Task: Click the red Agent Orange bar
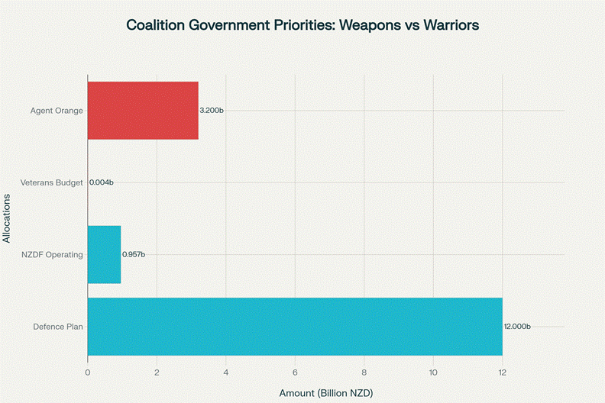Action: point(143,110)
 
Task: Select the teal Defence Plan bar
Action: point(295,327)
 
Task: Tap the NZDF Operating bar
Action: point(104,255)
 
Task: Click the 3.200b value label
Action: point(212,111)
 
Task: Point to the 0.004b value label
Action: point(102,183)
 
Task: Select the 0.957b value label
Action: point(134,255)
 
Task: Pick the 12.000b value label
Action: point(517,327)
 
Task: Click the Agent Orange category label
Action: point(57,111)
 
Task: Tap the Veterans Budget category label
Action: point(53,183)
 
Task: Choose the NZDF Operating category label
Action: point(53,255)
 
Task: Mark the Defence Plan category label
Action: point(58,327)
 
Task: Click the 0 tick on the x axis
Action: point(88,372)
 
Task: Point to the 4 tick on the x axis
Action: point(226,372)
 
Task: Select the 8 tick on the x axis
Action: point(364,372)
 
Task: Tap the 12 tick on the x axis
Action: point(502,372)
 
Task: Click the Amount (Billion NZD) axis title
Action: point(326,392)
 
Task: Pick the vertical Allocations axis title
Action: point(8,219)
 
